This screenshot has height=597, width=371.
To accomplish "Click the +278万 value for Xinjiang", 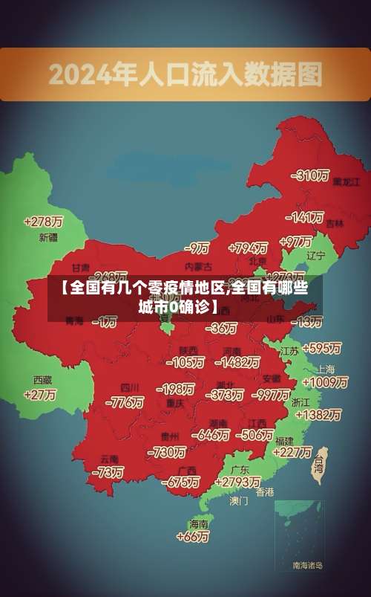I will click(43, 221).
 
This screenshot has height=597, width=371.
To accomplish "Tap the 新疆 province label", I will click(48, 238).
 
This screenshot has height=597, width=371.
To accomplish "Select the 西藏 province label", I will click(42, 380).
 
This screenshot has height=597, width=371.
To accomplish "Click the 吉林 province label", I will click(335, 223).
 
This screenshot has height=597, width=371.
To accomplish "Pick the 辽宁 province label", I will click(316, 255).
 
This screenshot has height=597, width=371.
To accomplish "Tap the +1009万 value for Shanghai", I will click(325, 382).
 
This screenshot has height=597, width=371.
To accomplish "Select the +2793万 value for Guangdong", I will click(235, 483).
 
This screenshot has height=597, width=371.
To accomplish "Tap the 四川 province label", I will click(130, 388).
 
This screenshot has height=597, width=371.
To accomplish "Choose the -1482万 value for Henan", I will click(237, 362).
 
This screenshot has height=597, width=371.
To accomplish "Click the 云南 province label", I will click(110, 459).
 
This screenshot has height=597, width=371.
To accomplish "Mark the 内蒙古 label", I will click(198, 265).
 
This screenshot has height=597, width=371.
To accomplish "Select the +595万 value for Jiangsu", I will click(321, 348).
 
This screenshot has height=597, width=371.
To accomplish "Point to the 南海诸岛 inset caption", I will click(307, 565).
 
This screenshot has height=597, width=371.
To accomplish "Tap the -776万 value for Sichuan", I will click(125, 402).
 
